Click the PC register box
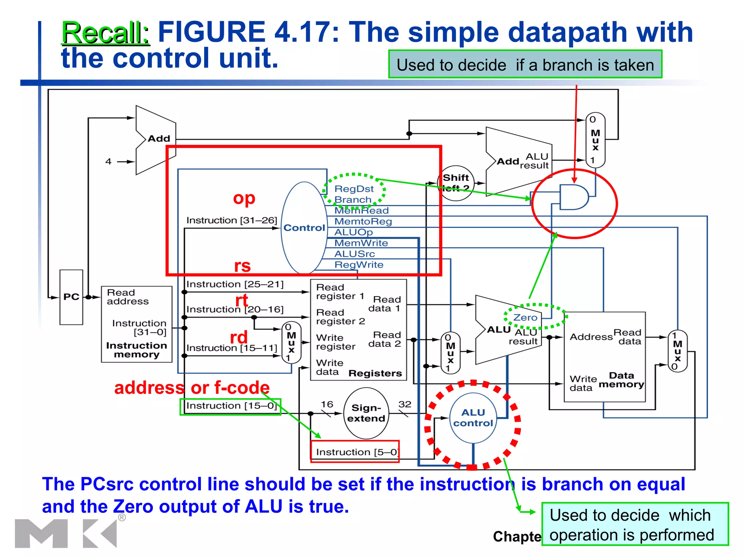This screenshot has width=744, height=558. click(x=71, y=297)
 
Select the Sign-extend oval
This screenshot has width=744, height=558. click(x=366, y=413)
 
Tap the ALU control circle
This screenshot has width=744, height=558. click(x=473, y=418)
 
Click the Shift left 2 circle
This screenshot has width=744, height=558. click(x=456, y=182)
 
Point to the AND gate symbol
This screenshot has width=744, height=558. click(x=573, y=197)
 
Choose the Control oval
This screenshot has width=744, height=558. click(x=304, y=228)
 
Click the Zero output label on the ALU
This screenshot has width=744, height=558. click(x=525, y=318)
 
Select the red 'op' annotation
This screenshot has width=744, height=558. click(x=244, y=198)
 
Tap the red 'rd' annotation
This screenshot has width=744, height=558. click(x=239, y=337)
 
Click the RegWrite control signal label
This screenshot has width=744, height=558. click(x=359, y=265)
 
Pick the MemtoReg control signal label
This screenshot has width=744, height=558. click(x=363, y=221)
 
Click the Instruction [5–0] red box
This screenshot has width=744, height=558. click(x=355, y=452)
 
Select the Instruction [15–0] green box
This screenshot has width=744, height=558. click(x=230, y=406)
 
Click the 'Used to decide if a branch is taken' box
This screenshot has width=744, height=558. click(x=525, y=65)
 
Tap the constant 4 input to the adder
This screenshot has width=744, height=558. click(x=108, y=161)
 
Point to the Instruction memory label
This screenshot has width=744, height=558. click(x=137, y=350)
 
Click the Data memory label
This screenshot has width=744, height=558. click(x=621, y=380)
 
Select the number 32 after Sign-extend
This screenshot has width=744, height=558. click(x=405, y=404)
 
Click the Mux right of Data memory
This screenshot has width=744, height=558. click(x=677, y=351)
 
